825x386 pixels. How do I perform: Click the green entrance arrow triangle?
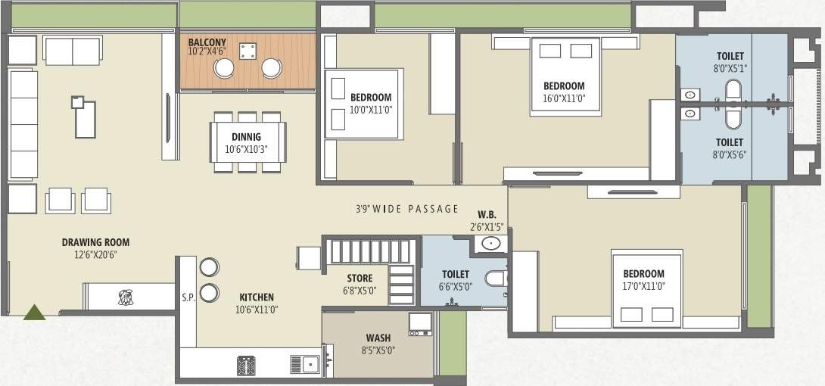pos(34,312)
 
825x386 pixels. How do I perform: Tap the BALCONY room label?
pos(206,42)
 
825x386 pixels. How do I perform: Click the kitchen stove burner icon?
pos(247,365)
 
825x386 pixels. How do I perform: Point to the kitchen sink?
pos(309,365)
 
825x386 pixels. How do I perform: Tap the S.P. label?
pos(188,297)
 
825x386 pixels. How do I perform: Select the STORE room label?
pos(360,279)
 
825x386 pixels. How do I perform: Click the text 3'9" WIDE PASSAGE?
pos(407,209)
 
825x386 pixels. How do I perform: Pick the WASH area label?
pos(378,338)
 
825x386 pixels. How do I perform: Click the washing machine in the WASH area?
pos(419,323)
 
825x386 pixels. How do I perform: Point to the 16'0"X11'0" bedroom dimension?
pos(564,98)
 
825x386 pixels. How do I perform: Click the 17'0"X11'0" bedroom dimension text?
pos(643,286)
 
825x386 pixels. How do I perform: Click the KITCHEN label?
pos(257,297)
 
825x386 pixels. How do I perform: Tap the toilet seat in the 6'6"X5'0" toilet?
pos(496,280)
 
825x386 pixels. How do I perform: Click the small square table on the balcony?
pos(247,51)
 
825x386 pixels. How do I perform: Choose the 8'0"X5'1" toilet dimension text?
pos(730,67)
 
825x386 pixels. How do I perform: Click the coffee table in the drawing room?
pos(85,118)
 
